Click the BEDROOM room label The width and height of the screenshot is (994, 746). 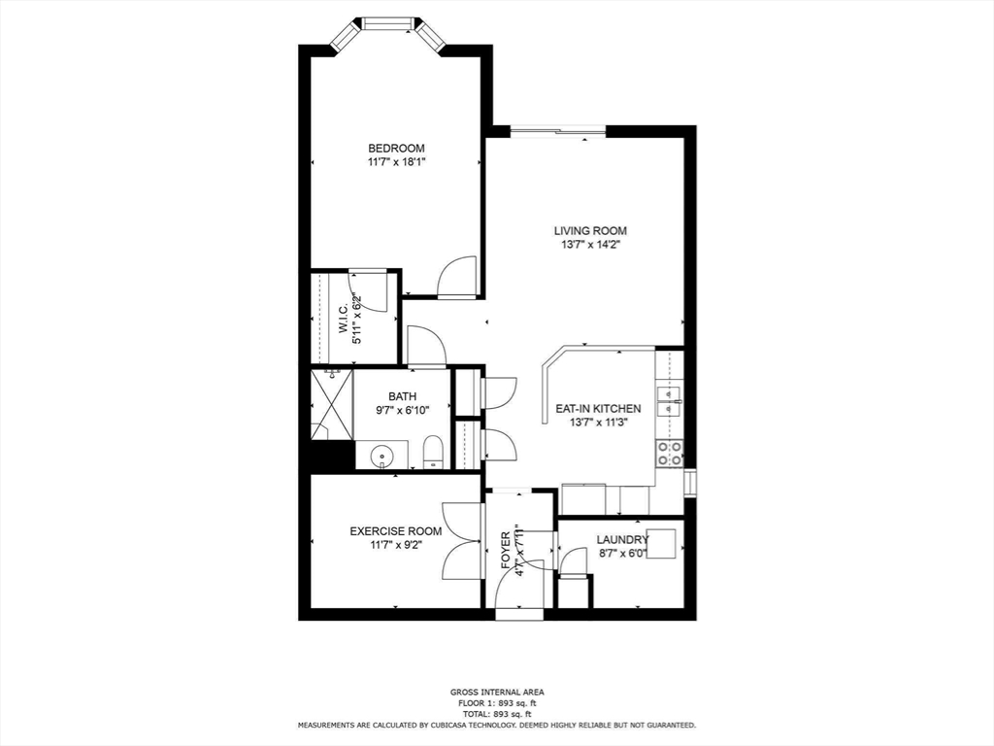tap(396, 148)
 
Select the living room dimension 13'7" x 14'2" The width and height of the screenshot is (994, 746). tap(590, 245)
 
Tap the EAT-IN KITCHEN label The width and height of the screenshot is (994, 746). tap(597, 409)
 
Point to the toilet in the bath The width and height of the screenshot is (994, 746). tap(434, 452)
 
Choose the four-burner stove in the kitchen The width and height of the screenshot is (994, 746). tap(670, 454)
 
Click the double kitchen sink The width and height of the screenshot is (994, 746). tap(670, 400)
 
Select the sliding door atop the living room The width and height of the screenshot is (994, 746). tap(558, 132)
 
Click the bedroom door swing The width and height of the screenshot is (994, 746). tap(457, 277)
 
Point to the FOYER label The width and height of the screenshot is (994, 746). tap(506, 551)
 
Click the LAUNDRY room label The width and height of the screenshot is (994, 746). tap(622, 539)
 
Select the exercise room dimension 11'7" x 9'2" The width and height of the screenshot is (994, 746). tap(396, 545)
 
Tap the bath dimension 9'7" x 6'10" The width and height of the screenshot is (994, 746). tap(402, 410)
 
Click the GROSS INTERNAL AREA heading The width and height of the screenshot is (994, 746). tap(497, 693)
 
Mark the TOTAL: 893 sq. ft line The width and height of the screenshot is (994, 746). tap(497, 713)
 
